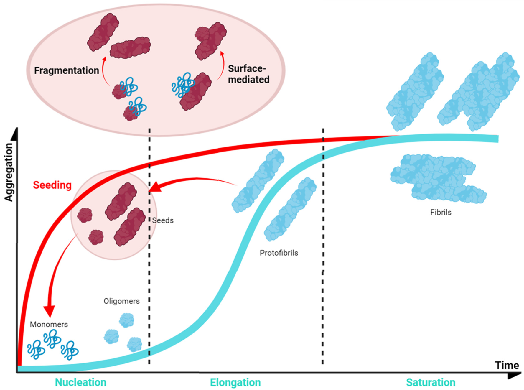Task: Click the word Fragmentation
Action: click(66, 70)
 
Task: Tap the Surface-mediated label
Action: click(248, 74)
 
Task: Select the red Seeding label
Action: click(52, 185)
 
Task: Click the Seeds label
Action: click(163, 220)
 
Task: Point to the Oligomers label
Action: click(121, 301)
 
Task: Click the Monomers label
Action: click(49, 324)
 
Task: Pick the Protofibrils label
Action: click(279, 253)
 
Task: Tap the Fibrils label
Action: click(441, 212)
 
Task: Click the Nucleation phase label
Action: click(80, 382)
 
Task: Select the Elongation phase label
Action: click(235, 382)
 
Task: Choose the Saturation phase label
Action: click(431, 382)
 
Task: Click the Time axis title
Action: click(507, 365)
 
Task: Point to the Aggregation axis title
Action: click(9, 172)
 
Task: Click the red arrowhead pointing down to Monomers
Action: click(49, 311)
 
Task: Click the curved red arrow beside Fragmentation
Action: click(103, 71)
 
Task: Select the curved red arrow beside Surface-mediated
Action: click(222, 66)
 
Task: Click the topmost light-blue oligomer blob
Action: click(127, 320)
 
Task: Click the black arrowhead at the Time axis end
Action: click(514, 376)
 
